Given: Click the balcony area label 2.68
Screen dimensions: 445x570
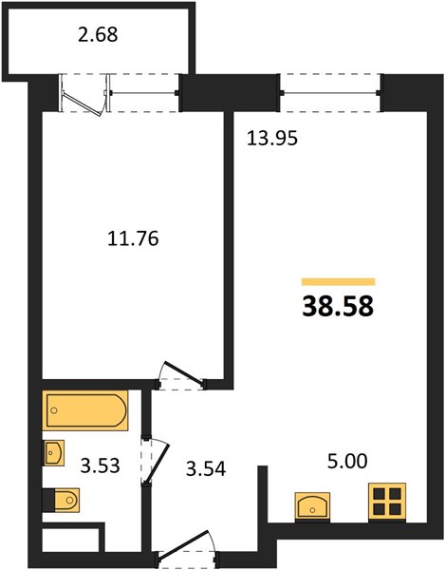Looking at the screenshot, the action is coord(98,35).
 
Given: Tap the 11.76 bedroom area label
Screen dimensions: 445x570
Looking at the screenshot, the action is coord(133,238).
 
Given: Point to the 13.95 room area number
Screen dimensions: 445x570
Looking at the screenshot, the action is coord(272,139).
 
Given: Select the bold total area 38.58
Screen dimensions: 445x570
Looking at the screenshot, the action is coord(338,306).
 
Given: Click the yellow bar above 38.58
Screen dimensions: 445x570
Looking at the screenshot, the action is coord(339,282).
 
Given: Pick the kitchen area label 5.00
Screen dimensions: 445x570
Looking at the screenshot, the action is coord(347,462).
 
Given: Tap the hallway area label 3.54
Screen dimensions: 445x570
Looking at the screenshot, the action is coord(206,468).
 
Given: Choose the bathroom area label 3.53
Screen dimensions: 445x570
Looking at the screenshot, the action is coord(101,465).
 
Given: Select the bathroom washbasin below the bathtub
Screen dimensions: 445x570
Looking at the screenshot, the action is coord(54,452).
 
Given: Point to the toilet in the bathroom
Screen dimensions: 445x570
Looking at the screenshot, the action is coord(61,500).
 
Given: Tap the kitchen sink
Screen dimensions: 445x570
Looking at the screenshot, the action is coord(312,505).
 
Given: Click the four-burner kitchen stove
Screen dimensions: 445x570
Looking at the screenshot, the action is coord(387,502).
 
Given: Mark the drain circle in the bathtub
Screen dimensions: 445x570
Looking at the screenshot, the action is coord(54,410).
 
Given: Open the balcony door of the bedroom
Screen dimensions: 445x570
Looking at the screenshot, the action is coord(84,94).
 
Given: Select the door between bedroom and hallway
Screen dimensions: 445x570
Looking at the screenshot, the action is coord(181,376).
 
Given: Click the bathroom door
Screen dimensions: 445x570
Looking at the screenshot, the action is coord(156,460).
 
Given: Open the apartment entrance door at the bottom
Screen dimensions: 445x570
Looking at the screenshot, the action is coord(186,549).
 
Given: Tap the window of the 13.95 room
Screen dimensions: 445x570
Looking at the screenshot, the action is coord(330,93).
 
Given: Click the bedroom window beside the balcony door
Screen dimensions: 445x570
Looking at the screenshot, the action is coord(144,93).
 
